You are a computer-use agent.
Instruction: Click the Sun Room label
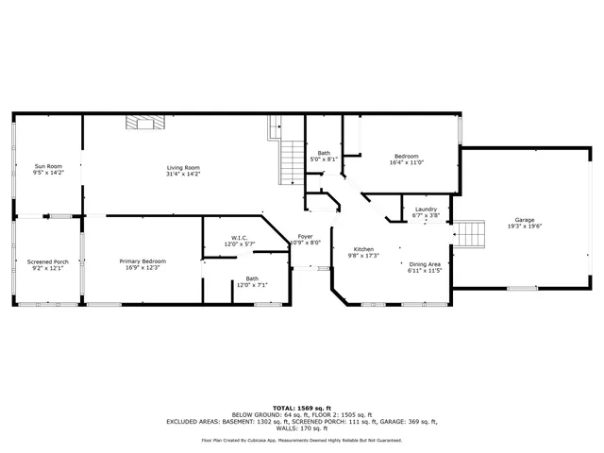48,166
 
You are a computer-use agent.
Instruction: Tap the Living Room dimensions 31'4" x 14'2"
183,173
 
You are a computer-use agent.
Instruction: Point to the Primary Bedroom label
143,260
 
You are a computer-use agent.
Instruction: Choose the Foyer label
305,236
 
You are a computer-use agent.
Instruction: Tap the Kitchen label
364,249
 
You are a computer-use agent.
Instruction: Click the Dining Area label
425,264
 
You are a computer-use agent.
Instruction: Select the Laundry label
426,209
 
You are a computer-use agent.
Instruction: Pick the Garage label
525,219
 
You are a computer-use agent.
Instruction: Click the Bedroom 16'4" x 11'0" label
406,156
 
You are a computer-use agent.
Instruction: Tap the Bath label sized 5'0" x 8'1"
324,153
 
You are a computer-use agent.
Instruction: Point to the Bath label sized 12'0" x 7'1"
252,278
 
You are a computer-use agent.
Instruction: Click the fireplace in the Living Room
146,121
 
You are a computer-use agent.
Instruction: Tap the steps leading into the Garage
470,232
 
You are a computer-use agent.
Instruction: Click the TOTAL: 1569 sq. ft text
301,405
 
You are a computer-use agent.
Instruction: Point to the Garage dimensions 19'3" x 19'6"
525,226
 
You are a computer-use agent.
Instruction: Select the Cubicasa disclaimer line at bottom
301,440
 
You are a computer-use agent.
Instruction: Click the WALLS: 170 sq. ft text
301,428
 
